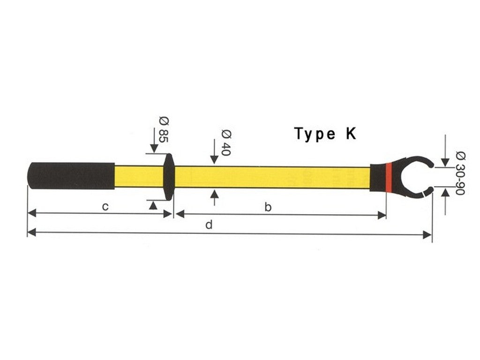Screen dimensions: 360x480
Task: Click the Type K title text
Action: pyautogui.click(x=325, y=134)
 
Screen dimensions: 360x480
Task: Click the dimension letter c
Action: pyautogui.click(x=106, y=207)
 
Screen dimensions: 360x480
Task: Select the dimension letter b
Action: pyautogui.click(x=268, y=208)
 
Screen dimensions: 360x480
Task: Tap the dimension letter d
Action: pyautogui.click(x=209, y=225)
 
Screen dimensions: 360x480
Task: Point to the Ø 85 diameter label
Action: pyautogui.click(x=163, y=129)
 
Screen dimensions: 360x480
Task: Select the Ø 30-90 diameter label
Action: pyautogui.click(x=459, y=173)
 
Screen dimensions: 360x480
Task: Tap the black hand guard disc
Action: pyautogui.click(x=169, y=176)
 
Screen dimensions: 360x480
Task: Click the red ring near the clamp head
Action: pyautogui.click(x=389, y=177)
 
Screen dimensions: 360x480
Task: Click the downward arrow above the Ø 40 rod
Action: pyautogui.click(x=215, y=159)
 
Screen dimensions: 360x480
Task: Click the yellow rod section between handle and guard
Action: pyautogui.click(x=139, y=176)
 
